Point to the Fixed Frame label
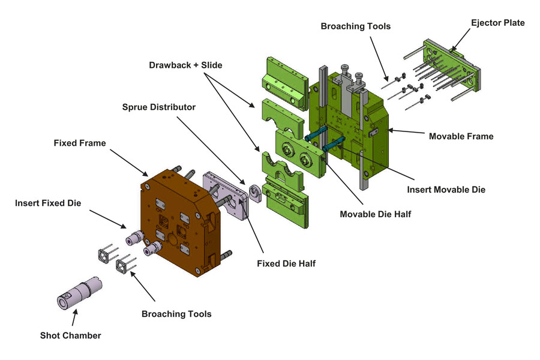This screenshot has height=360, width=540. pos(79,143)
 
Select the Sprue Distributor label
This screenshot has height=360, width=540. pos(159,107)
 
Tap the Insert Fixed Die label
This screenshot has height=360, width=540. pos(48,203)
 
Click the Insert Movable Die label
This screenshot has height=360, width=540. pos(446,190)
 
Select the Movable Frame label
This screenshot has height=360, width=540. pos(461,136)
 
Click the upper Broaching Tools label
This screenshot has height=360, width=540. pos(355,26)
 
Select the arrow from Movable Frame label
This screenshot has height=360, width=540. pos(408,133)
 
